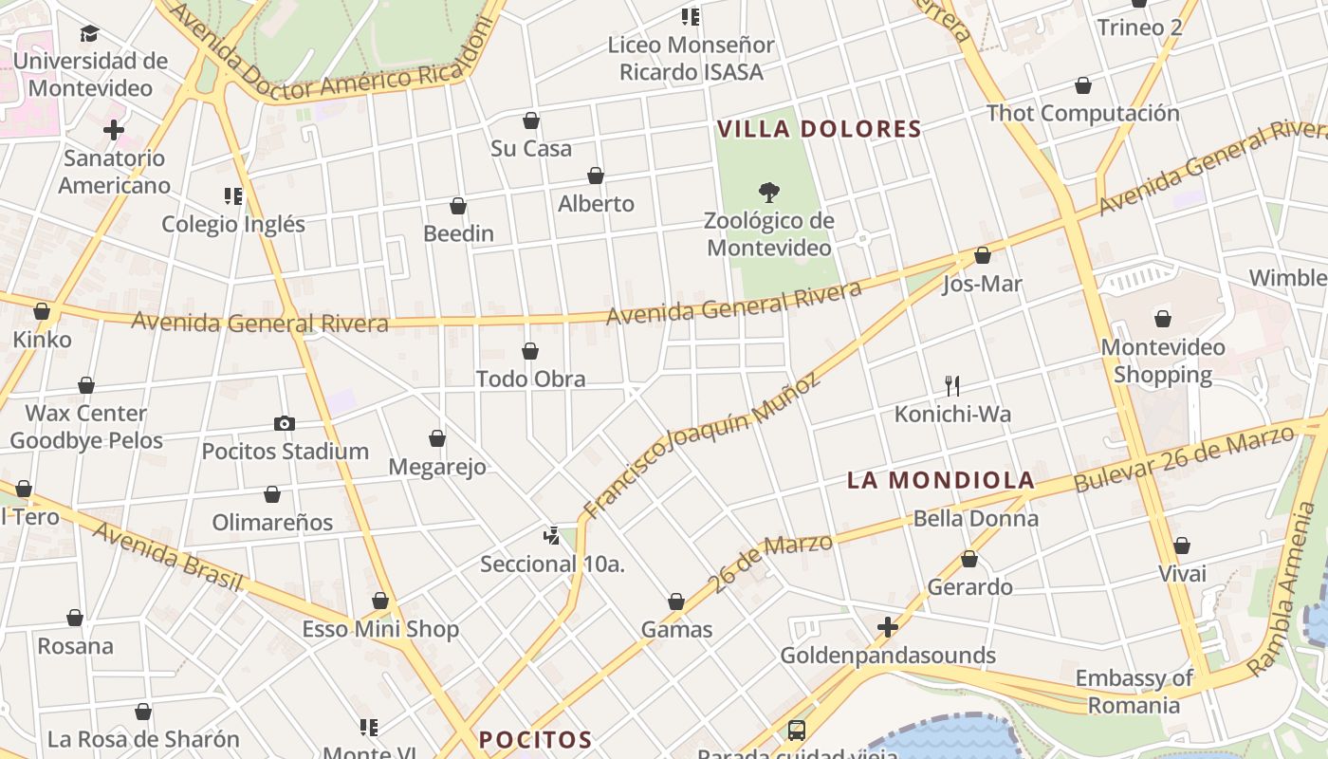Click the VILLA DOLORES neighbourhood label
[819, 129]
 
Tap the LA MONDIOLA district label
[939, 480]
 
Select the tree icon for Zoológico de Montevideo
[769, 193]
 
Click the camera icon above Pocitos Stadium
[284, 423]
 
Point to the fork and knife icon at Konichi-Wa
[952, 385]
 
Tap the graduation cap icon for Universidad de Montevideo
[89, 34]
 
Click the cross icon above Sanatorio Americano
[114, 130]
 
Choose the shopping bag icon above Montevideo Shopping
[1163, 319]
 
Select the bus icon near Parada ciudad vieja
[797, 731]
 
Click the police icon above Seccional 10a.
[552, 536]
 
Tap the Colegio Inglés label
[233, 224]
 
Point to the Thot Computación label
[1083, 113]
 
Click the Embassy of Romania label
[1134, 692]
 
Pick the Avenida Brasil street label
[167, 556]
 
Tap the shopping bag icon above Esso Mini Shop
[380, 601]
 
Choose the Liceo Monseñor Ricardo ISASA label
[691, 58]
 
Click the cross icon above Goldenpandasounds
[888, 627]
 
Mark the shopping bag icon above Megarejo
[437, 438]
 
